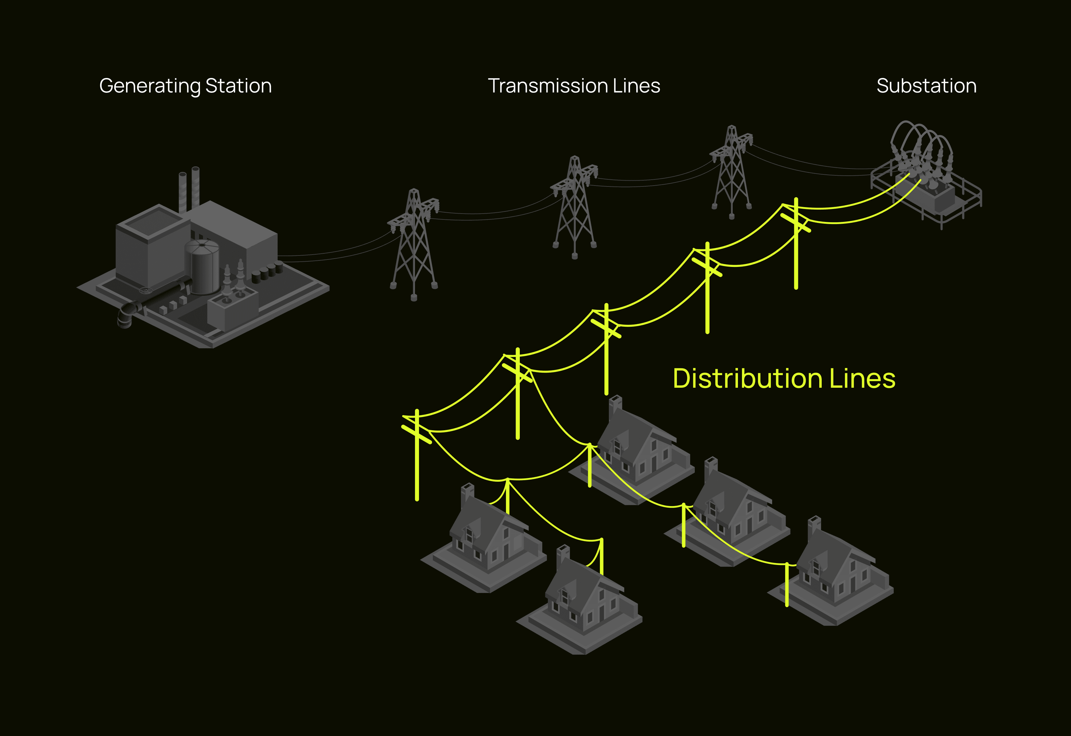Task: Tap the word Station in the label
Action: (x=238, y=86)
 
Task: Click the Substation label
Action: (x=926, y=86)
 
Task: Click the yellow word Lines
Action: (x=862, y=379)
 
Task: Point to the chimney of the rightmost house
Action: (x=814, y=526)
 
